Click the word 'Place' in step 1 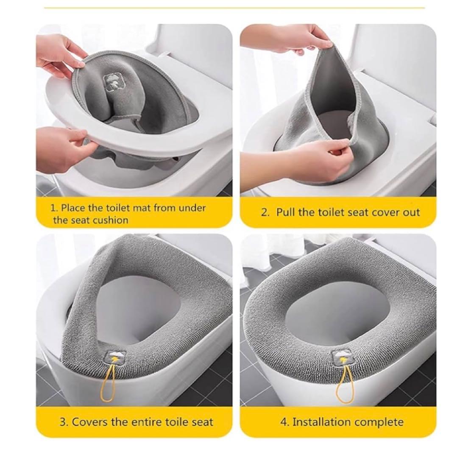point(74,208)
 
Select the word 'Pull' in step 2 point(286,212)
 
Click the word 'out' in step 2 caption point(412,212)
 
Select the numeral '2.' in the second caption point(265,212)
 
